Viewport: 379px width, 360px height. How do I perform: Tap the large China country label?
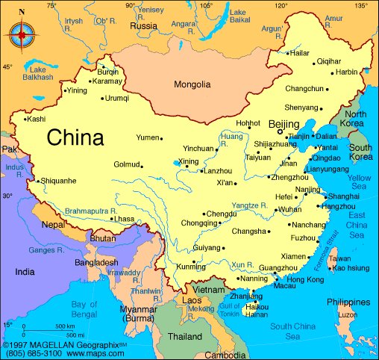pyautogui.click(x=75, y=138)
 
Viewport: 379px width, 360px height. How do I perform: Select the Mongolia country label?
pyautogui.click(x=192, y=84)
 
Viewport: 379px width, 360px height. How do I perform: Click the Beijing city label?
pyautogui.click(x=284, y=124)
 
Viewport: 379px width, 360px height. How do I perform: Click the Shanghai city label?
pyautogui.click(x=344, y=196)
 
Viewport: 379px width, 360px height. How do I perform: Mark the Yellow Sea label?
pyautogui.click(x=359, y=182)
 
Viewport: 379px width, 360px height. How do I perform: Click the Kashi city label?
pyautogui.click(x=36, y=119)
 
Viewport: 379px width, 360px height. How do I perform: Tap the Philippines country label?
pyautogui.click(x=347, y=302)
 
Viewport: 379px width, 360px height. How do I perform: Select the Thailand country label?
pyautogui.click(x=184, y=337)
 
